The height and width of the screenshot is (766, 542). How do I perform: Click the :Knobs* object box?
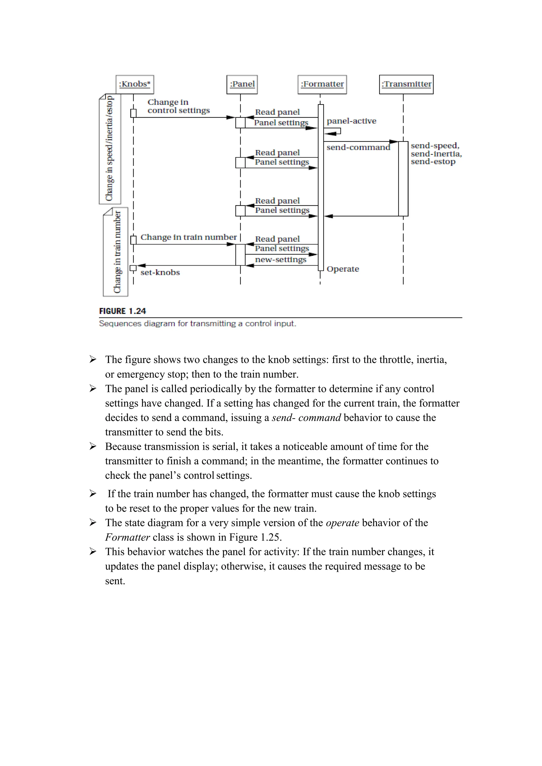[134, 84]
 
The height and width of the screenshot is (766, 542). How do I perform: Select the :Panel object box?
[242, 84]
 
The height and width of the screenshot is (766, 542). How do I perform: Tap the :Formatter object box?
[322, 84]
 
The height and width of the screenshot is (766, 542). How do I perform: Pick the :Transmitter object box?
[406, 84]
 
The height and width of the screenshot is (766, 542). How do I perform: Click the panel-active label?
[351, 121]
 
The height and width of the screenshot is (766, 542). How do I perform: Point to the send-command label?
[358, 148]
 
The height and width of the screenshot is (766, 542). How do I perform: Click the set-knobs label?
[160, 273]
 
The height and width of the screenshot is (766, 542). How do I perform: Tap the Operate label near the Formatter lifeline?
[342, 269]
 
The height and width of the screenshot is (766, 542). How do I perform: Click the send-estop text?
[433, 162]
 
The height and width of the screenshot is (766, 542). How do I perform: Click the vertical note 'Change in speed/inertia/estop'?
[110, 149]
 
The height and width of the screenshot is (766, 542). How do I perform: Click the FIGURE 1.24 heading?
[123, 311]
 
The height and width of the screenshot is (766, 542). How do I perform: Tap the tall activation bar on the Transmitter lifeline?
[403, 179]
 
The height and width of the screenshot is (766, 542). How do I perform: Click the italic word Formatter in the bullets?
[127, 537]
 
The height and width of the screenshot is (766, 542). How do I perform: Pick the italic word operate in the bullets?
[342, 523]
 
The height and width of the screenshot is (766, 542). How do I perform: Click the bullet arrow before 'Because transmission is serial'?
[93, 446]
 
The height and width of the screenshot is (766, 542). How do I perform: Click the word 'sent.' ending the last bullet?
[115, 581]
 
